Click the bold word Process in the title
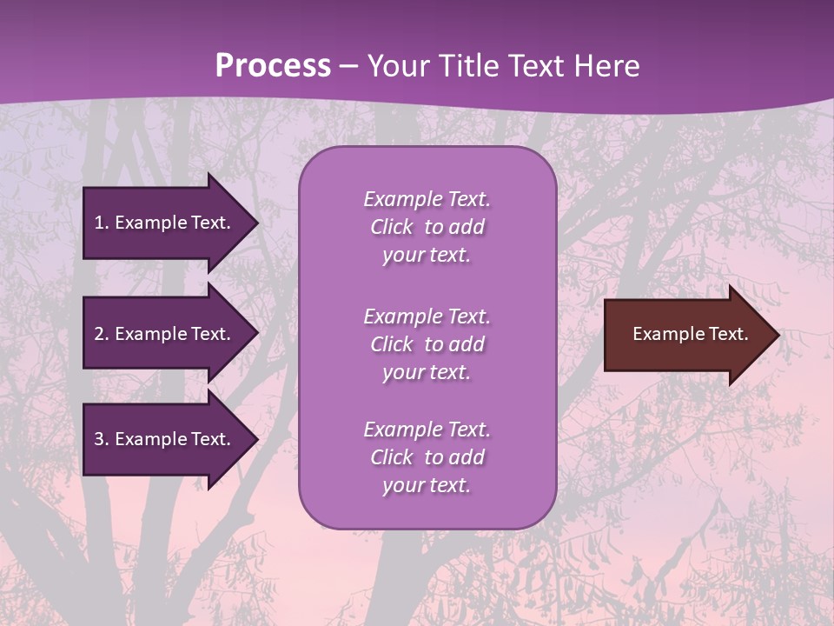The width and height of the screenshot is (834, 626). pyautogui.click(x=273, y=66)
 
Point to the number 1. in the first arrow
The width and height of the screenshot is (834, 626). pyautogui.click(x=102, y=223)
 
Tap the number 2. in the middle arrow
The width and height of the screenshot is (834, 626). pyautogui.click(x=102, y=334)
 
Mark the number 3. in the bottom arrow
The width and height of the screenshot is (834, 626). pyautogui.click(x=102, y=439)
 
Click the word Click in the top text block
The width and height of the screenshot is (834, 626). pyautogui.click(x=392, y=227)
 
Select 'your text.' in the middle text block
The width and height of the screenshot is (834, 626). pyautogui.click(x=427, y=372)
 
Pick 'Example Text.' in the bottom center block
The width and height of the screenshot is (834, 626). pyautogui.click(x=427, y=430)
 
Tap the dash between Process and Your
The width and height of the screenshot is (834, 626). pyautogui.click(x=349, y=66)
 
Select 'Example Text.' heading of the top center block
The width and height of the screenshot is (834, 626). pyautogui.click(x=427, y=199)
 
